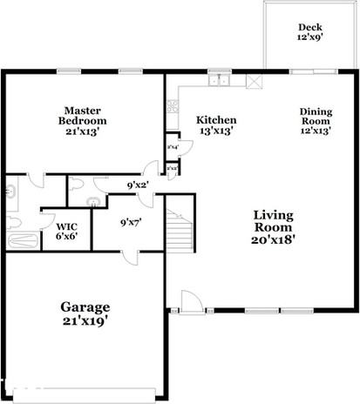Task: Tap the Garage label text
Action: point(85,307)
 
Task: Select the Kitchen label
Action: point(216,119)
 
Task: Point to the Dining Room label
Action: point(316,117)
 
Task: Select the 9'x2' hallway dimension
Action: point(138,185)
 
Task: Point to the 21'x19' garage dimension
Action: point(85,321)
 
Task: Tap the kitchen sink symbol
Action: point(218,83)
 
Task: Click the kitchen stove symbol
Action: point(172,110)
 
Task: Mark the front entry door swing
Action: point(190,301)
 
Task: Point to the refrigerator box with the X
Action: point(255,83)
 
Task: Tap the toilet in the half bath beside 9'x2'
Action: point(76,185)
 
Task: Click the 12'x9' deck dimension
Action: point(310,39)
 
